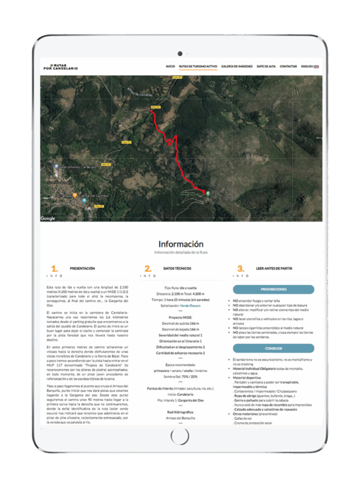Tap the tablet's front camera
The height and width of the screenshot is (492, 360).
click(x=180, y=53)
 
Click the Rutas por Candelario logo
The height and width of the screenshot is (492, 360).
click(x=60, y=67)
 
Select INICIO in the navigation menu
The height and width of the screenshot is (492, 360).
click(x=170, y=66)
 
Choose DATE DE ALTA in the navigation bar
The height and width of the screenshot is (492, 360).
click(x=266, y=66)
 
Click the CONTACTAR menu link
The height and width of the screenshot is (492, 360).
click(x=288, y=66)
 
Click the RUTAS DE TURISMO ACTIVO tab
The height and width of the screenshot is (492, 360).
click(x=198, y=66)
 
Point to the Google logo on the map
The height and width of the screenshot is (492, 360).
click(x=48, y=219)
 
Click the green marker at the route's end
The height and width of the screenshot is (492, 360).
click(x=208, y=193)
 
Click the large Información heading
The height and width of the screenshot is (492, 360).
click(x=180, y=244)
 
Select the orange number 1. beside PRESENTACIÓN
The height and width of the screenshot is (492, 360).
click(x=54, y=269)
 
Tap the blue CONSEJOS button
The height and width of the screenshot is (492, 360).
click(x=273, y=348)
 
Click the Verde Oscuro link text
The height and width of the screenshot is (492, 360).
click(x=190, y=306)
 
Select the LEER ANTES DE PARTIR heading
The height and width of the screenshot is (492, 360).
click(x=274, y=269)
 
